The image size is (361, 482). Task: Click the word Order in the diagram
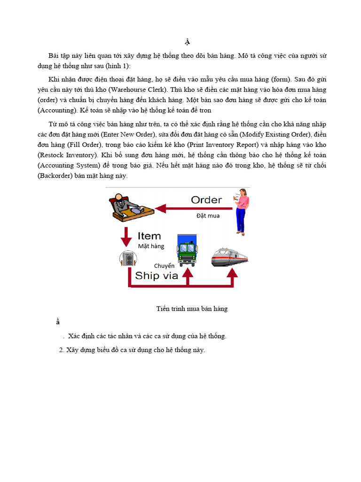[x=206, y=200]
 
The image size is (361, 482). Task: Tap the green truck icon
[x=187, y=249]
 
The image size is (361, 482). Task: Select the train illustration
[x=229, y=257]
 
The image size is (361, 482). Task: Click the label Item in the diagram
[x=149, y=236]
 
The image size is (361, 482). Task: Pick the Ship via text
[x=157, y=276]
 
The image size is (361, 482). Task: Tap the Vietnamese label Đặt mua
[x=208, y=216]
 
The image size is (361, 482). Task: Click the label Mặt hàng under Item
[x=151, y=246]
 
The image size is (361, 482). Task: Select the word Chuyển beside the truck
[x=164, y=266]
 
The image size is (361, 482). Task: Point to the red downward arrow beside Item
[x=126, y=237]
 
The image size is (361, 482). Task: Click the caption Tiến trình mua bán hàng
[x=192, y=309]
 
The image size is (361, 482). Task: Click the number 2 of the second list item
[x=61, y=350]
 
